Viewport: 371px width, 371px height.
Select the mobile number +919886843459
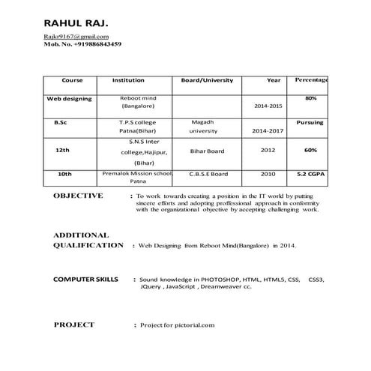[94, 44]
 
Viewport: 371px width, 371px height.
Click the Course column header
[72, 80]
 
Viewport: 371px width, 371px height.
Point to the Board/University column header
[208, 80]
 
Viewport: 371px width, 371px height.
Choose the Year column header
[274, 80]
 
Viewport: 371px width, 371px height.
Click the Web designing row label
[70, 99]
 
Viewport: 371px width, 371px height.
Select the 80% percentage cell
[311, 99]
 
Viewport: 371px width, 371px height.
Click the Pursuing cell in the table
[310, 122]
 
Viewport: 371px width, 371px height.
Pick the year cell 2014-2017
[268, 130]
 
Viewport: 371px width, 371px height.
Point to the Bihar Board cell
[208, 151]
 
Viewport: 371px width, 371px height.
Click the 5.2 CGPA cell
[311, 174]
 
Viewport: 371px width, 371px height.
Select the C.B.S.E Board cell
[208, 174]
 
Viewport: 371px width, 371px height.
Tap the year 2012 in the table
[268, 150]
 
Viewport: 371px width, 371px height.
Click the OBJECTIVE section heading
[79, 196]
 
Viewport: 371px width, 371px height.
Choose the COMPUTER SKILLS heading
[85, 280]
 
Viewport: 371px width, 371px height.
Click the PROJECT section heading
[74, 325]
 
